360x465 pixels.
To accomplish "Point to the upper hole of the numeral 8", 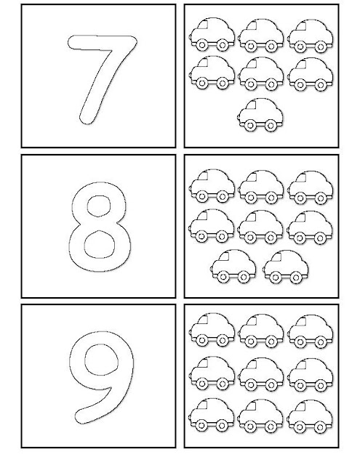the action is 98,206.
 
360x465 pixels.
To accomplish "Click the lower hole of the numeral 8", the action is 99,244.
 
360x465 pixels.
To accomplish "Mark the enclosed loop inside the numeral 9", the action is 101,360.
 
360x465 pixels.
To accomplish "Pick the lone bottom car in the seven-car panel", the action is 260,114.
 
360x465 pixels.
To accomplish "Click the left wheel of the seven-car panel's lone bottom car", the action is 250,126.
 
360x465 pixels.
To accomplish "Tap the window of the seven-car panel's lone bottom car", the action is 252,105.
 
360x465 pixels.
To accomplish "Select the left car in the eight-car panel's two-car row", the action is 233,266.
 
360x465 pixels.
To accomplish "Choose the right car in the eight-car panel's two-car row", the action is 286,267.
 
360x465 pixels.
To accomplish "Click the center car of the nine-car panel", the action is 260,374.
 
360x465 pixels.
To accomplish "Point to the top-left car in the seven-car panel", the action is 212,34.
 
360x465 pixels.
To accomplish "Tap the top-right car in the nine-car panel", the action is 311,331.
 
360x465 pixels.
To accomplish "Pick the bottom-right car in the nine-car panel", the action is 310,416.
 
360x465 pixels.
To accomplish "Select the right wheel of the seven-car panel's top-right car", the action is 321,46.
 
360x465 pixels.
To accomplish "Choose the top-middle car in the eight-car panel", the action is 260,187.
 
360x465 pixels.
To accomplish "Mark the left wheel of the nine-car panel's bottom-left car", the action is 201,426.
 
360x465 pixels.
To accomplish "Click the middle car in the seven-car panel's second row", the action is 260,74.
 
